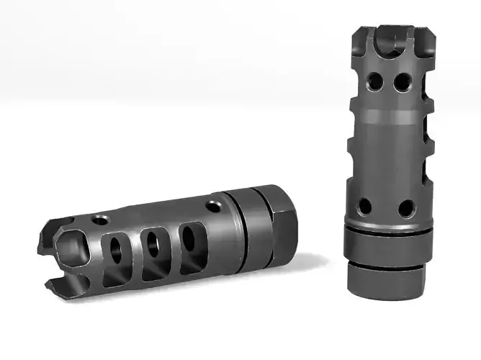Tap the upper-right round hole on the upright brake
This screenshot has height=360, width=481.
click(x=400, y=84)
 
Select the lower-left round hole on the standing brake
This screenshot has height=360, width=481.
click(x=365, y=207)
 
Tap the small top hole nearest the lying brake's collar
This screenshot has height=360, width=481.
click(x=213, y=207)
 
